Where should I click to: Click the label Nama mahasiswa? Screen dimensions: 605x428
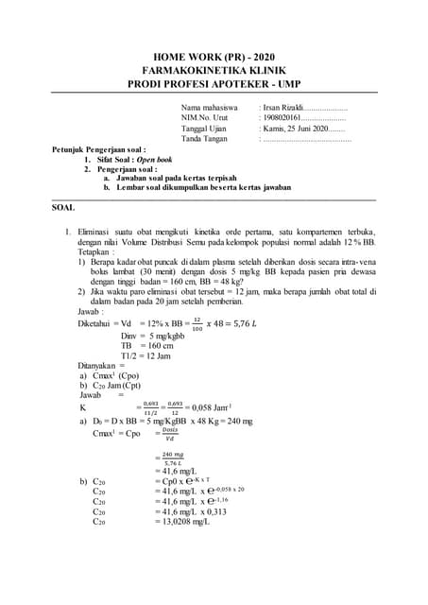coord(209,108)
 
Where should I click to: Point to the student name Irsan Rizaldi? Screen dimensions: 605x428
coord(284,108)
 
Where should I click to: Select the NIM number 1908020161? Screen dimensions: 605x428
coord(284,118)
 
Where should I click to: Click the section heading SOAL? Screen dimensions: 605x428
coord(63,206)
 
